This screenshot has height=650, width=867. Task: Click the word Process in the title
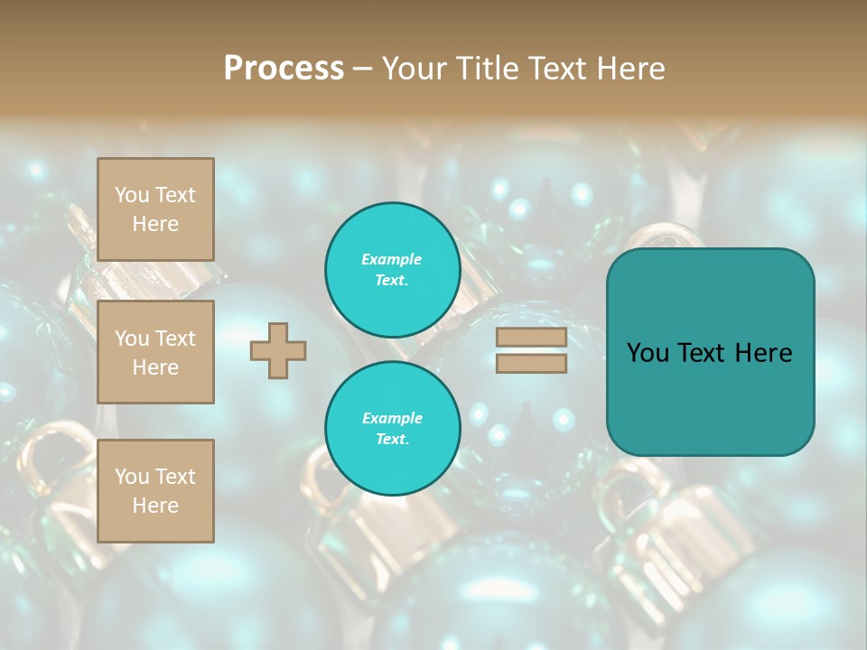284,69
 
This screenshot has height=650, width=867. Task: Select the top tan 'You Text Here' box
155,209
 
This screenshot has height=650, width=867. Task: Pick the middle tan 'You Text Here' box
155,352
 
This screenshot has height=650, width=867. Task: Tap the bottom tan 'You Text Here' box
155,490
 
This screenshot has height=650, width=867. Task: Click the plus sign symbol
278,350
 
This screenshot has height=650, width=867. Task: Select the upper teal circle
393,269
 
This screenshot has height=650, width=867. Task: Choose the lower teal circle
393,428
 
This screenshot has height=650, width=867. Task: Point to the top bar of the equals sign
531,338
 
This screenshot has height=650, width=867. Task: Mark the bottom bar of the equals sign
531,363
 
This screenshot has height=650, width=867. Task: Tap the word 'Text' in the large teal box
708,353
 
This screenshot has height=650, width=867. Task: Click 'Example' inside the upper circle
392,259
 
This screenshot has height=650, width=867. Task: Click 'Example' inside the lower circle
392,418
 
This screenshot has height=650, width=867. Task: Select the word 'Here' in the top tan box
155,224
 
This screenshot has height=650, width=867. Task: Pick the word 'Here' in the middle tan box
155,367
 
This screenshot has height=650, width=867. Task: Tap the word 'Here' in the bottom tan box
155,506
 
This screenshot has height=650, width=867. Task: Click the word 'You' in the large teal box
648,353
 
